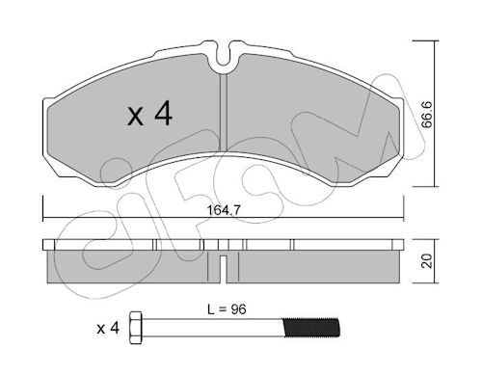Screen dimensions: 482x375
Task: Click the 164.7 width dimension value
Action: tap(224, 210)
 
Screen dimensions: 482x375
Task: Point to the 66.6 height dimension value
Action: tap(427, 115)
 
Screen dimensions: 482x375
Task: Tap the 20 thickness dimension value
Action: tap(427, 261)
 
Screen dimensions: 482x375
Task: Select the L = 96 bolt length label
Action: tap(227, 309)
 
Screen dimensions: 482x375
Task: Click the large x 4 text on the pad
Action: tap(150, 113)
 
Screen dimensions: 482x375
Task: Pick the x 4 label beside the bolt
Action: tap(108, 329)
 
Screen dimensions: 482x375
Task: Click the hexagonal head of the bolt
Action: tap(136, 328)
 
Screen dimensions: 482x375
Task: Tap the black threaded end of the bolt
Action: tap(310, 328)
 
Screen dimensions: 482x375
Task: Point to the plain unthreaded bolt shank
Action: tap(212, 328)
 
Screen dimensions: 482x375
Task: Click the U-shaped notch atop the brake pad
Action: tap(223, 55)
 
